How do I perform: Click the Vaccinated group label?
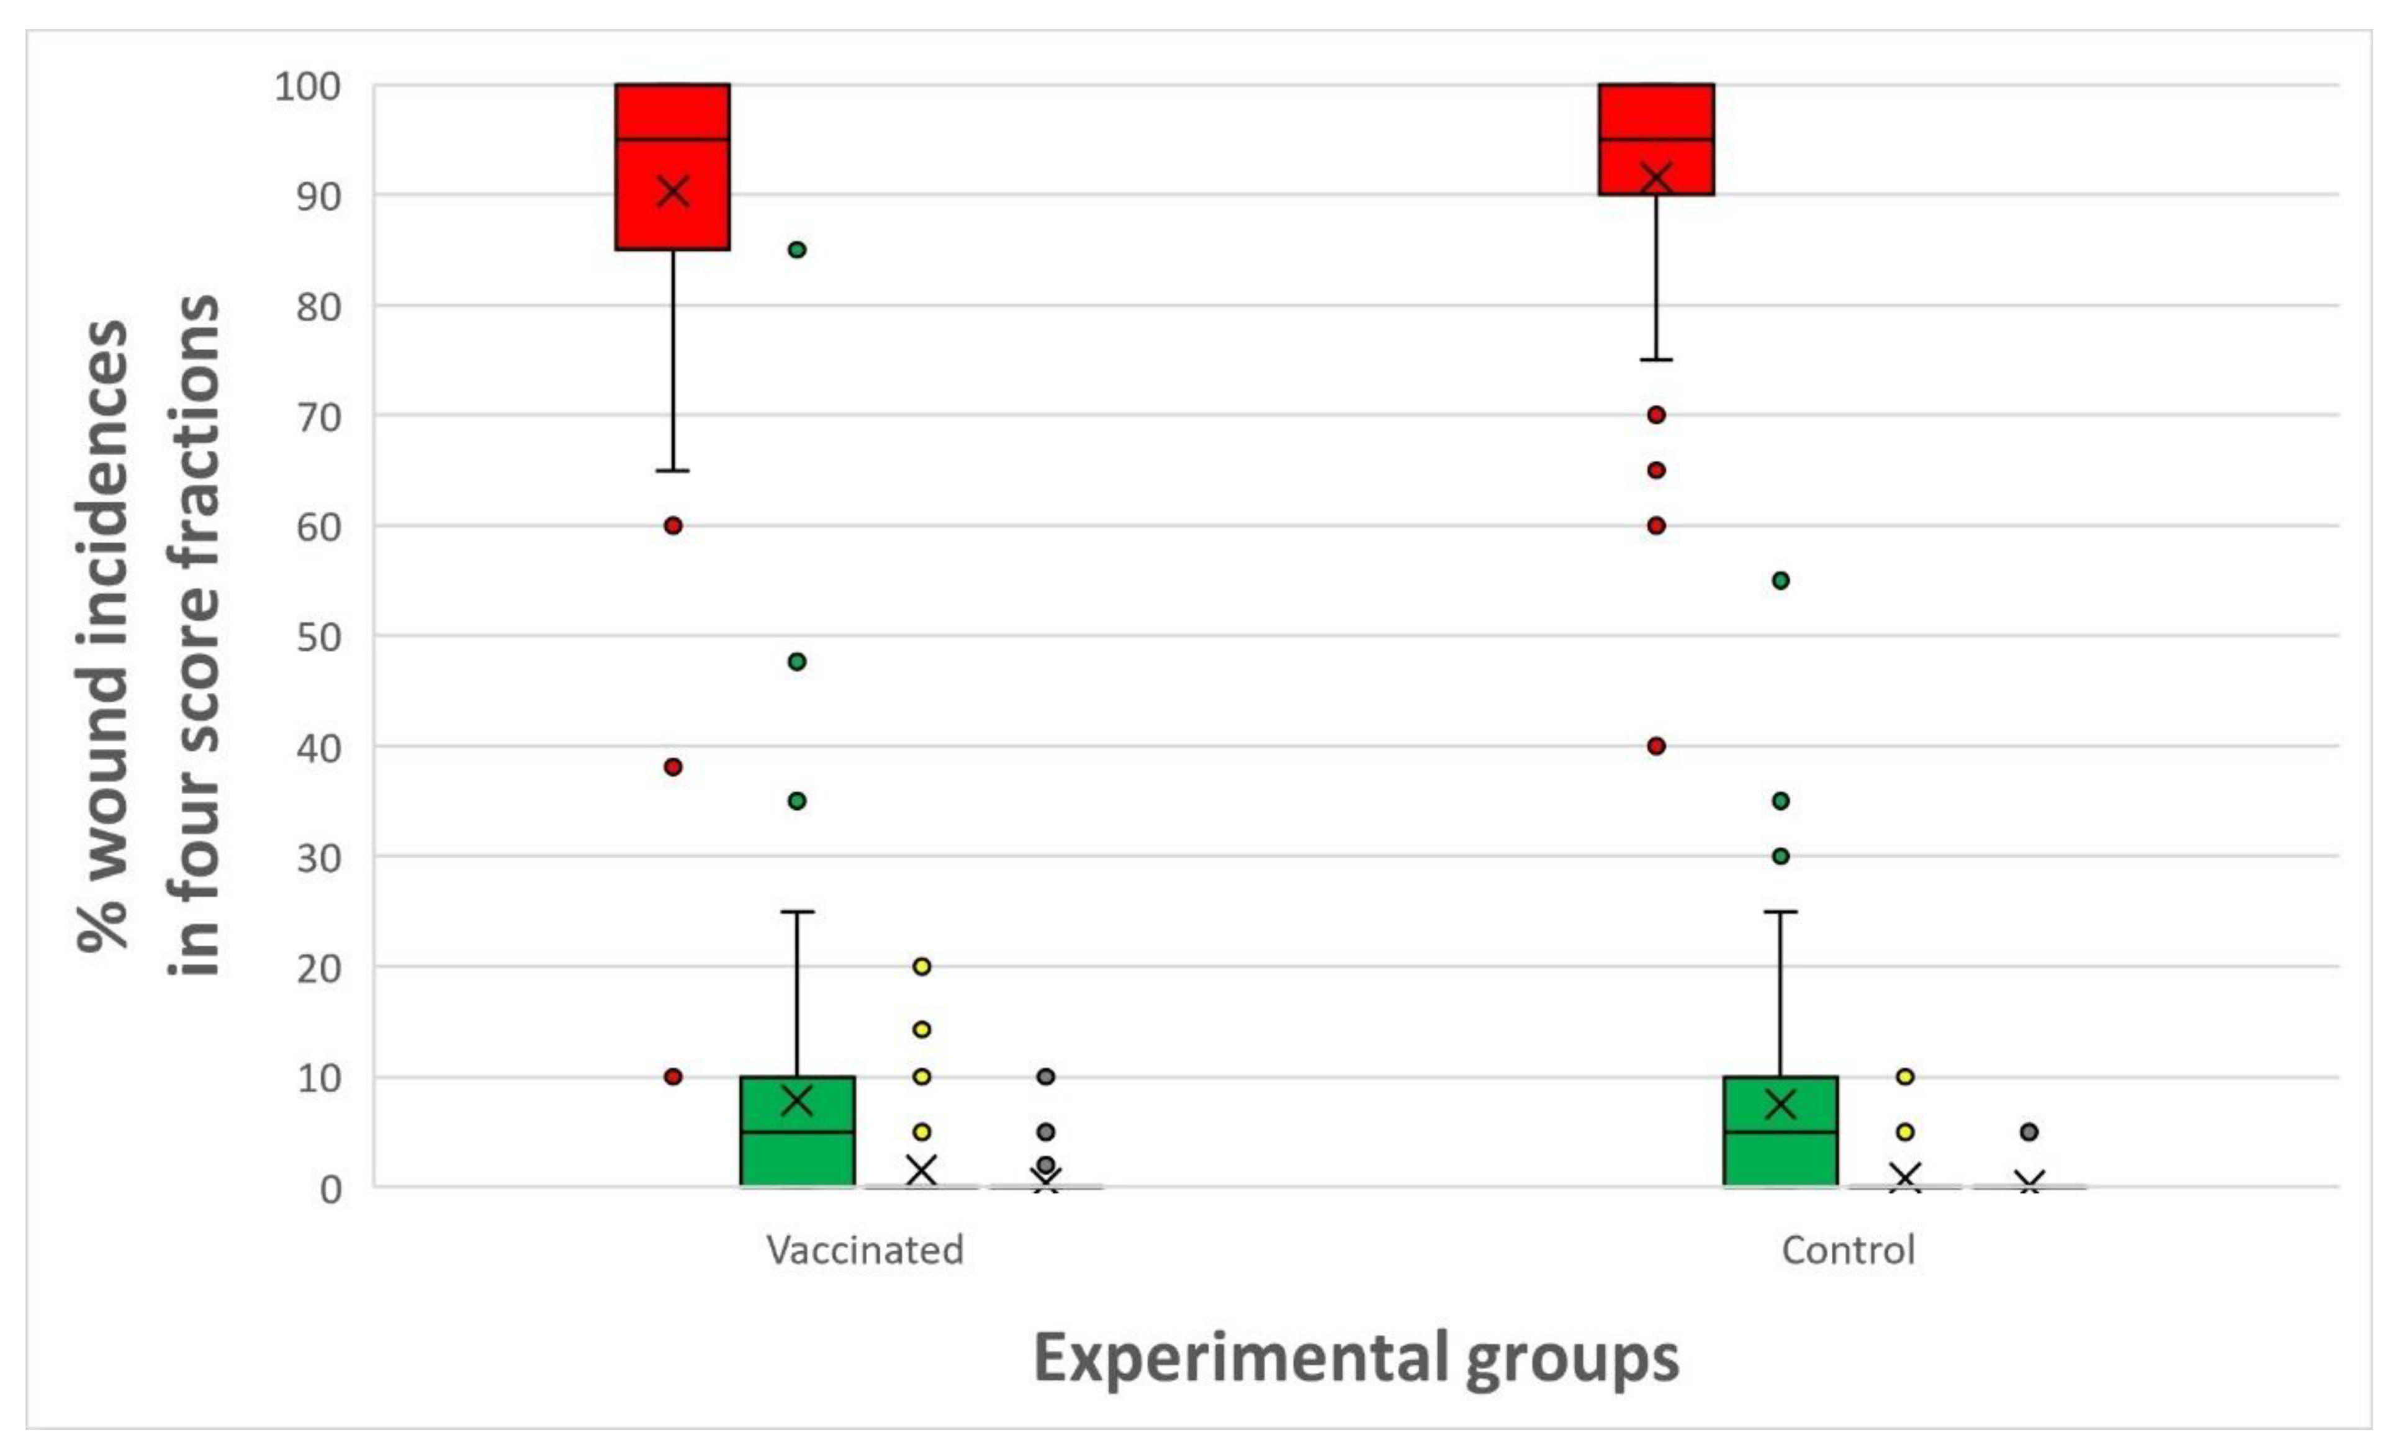[x=865, y=1250]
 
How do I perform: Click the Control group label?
[x=1847, y=1250]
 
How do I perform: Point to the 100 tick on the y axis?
[x=309, y=86]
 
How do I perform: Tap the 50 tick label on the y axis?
[x=319, y=637]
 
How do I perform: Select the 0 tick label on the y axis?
[x=331, y=1188]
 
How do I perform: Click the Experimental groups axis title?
[x=1356, y=1359]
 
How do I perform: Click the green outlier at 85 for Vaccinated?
[x=796, y=250]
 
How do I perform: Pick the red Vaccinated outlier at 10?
[x=673, y=1077]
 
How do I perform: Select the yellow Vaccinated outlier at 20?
[x=922, y=967]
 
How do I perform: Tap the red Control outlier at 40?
[x=1656, y=746]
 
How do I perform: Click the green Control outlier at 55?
[x=1780, y=581]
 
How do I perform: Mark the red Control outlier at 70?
[x=1656, y=415]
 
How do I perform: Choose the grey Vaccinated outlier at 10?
[x=1045, y=1077]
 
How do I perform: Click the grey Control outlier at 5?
[x=2029, y=1132]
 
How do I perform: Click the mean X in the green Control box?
[x=1780, y=1104]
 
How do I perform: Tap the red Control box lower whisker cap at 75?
[x=1656, y=360]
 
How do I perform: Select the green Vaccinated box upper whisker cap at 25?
[x=796, y=912]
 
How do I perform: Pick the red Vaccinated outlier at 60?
[x=673, y=526]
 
